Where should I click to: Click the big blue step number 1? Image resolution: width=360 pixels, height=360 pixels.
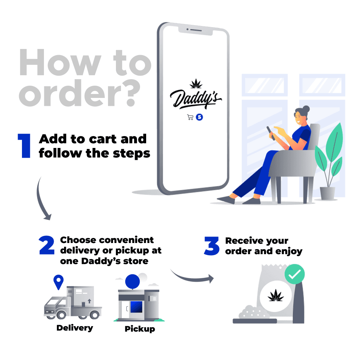(x=24, y=146)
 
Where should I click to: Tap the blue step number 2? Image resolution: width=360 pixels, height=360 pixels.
(x=47, y=245)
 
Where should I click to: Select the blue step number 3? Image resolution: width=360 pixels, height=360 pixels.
(x=212, y=246)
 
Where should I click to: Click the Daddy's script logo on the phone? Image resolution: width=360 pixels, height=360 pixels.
(x=195, y=98)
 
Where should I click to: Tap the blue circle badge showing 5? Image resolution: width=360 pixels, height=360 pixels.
(x=199, y=117)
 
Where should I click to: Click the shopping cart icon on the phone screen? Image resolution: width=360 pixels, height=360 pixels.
(x=190, y=117)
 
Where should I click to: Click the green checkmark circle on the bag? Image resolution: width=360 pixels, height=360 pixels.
(x=294, y=274)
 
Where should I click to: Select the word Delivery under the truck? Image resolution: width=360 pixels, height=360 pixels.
(x=75, y=328)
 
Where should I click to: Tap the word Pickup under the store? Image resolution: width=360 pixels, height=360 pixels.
(x=140, y=329)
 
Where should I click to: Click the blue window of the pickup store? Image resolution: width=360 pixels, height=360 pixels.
(x=136, y=307)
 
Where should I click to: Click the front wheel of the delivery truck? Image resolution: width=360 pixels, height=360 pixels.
(x=61, y=315)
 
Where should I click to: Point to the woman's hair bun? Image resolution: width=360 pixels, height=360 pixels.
(x=306, y=109)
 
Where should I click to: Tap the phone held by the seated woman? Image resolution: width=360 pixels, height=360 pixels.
(x=270, y=133)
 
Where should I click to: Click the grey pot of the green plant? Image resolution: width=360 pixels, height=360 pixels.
(x=327, y=193)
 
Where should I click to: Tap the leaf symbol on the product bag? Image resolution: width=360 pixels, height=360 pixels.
(x=276, y=295)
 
